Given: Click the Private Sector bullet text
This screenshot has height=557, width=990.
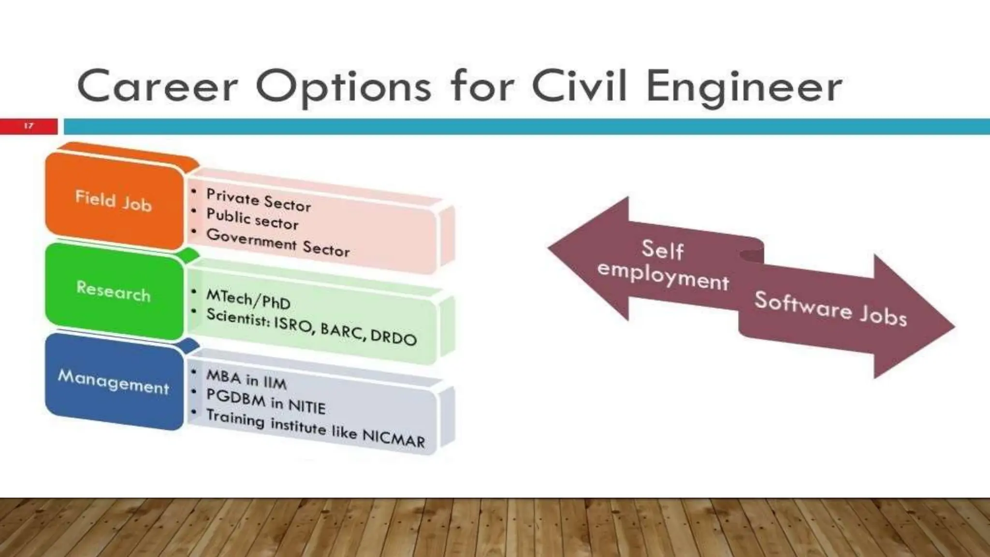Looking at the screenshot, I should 259,200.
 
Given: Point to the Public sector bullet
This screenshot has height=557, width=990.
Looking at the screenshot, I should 252,219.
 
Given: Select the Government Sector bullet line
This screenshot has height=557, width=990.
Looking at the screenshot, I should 278,242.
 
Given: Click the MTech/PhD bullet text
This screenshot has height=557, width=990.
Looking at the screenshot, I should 248,299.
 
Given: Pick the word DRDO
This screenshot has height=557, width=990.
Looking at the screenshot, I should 393,336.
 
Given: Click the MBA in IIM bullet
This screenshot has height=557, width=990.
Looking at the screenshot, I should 247,379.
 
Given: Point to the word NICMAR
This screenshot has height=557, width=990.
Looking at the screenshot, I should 393,438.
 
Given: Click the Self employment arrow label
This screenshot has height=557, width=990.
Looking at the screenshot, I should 663,265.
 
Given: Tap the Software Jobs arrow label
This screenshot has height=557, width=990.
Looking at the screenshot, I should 830,308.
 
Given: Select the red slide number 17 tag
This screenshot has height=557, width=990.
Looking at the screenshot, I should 29,126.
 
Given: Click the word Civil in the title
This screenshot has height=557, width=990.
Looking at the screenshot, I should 579,87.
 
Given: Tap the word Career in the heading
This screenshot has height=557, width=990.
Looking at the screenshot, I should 158,87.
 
